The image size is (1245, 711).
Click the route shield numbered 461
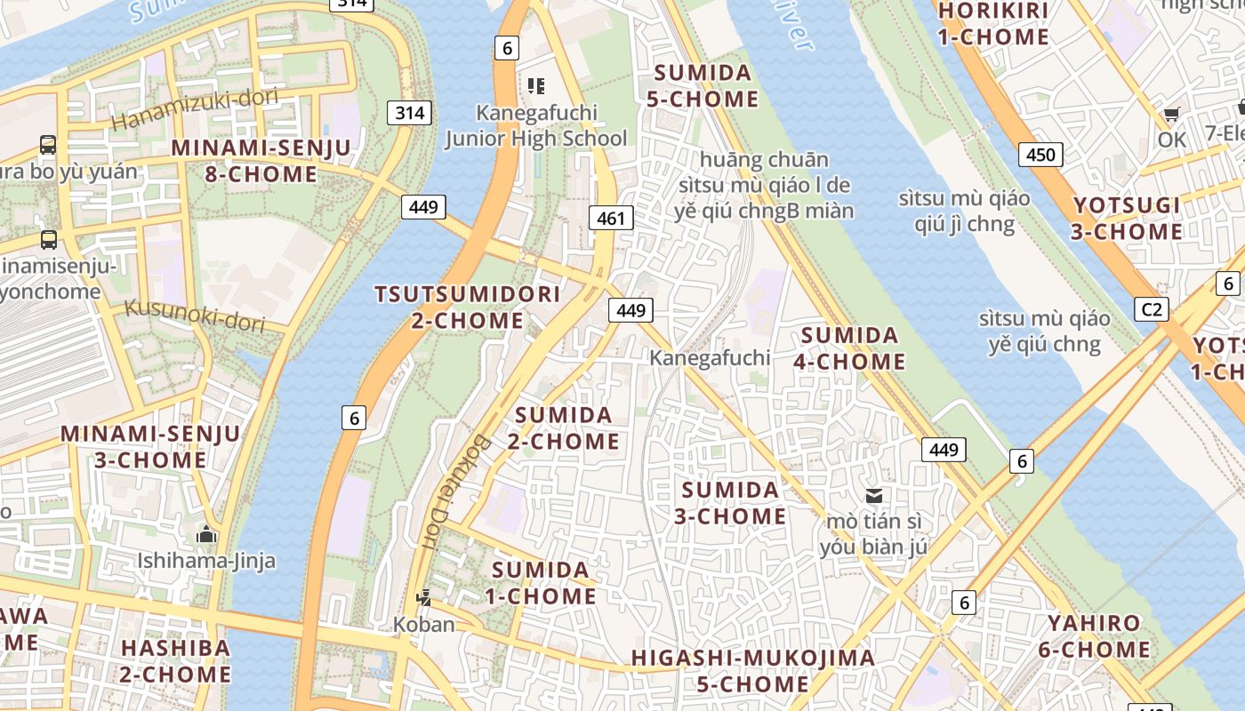click(611, 218)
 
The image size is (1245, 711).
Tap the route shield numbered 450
click(1040, 155)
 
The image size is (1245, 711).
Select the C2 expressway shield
click(1152, 309)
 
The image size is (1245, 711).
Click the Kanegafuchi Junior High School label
click(536, 125)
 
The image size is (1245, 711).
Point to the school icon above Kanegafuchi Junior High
click(535, 86)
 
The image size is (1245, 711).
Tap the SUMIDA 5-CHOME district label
click(703, 85)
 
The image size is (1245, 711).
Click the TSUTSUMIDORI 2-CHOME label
click(468, 307)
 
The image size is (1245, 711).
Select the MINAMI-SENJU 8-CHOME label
click(261, 161)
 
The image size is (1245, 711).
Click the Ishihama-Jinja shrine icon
click(206, 534)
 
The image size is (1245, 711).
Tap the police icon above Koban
click(424, 598)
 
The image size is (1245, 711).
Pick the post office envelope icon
click(874, 495)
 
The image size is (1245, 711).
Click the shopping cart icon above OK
click(1171, 115)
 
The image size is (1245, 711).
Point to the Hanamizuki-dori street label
click(196, 108)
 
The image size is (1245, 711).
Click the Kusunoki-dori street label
click(195, 315)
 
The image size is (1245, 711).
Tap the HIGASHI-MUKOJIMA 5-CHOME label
click(752, 671)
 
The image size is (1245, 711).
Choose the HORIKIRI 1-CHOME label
click(992, 24)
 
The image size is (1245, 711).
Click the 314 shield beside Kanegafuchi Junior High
click(409, 113)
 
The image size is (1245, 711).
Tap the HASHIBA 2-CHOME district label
click(175, 660)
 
